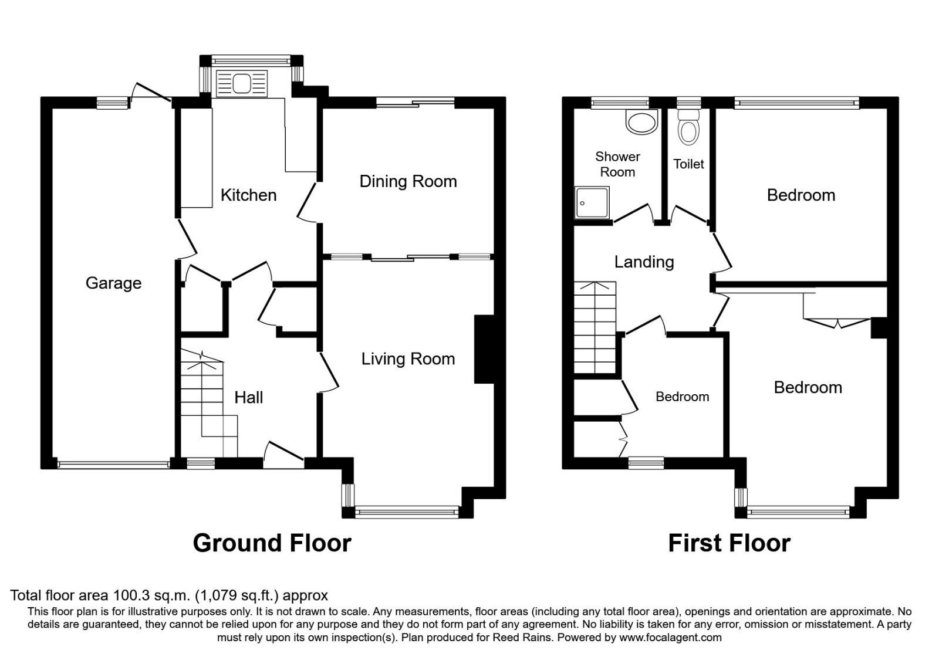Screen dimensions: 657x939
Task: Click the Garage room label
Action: (x=113, y=283)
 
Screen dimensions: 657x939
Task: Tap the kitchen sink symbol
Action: (x=242, y=83)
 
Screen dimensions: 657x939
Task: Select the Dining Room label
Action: (x=408, y=181)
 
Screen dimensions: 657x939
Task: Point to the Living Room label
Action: (x=408, y=359)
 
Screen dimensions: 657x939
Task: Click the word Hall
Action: (x=248, y=398)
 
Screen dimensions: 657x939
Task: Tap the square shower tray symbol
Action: (x=592, y=202)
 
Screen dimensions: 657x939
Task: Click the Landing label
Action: (x=644, y=262)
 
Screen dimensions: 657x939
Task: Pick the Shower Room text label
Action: (x=617, y=164)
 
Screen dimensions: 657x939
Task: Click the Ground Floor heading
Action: (x=272, y=543)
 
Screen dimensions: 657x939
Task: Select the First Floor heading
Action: (x=729, y=543)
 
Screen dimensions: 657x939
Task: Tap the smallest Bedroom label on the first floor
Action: (x=682, y=397)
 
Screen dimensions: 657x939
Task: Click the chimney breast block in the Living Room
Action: (x=485, y=350)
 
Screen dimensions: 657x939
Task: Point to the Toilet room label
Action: (x=688, y=164)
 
